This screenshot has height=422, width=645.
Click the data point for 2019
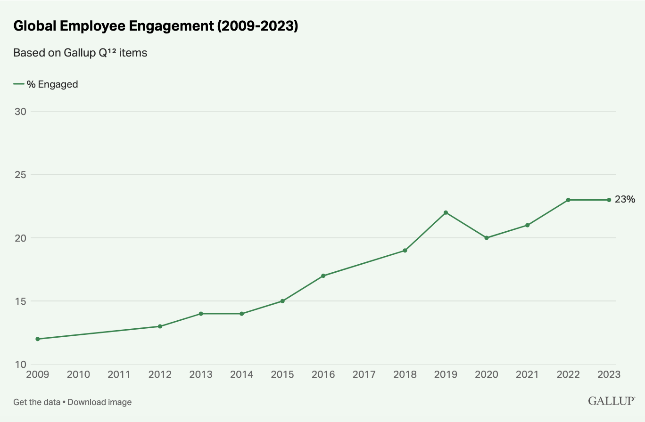tap(446, 212)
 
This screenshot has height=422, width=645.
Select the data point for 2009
tap(38, 339)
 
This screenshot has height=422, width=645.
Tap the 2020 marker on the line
tap(487, 238)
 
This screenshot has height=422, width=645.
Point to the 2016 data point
tap(323, 276)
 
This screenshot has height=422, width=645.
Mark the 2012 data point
tap(160, 326)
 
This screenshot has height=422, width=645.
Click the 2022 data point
tap(568, 200)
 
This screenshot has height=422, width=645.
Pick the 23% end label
tap(625, 200)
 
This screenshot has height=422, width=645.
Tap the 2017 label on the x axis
tap(364, 374)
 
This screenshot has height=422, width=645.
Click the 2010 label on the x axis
tap(78, 374)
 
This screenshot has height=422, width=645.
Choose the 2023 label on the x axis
tap(609, 374)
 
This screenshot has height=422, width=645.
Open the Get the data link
tap(37, 402)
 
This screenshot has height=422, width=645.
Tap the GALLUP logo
tap(611, 401)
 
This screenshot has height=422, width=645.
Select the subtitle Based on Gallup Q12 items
tap(80, 53)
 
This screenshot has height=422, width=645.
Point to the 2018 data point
tap(405, 251)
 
